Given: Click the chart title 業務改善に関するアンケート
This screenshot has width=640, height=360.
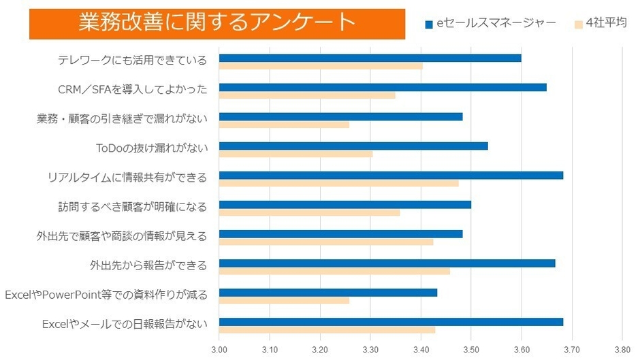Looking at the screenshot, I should [217, 24].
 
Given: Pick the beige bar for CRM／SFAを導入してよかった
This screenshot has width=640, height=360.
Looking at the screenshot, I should [307, 95].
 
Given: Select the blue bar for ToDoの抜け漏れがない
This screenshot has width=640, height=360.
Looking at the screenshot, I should [353, 145].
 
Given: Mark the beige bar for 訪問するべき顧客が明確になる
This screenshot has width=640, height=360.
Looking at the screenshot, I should [309, 212].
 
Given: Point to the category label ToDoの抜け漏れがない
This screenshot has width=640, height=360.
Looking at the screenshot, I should [152, 148].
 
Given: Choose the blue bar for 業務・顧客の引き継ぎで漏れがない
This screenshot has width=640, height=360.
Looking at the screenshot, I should [340, 116].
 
